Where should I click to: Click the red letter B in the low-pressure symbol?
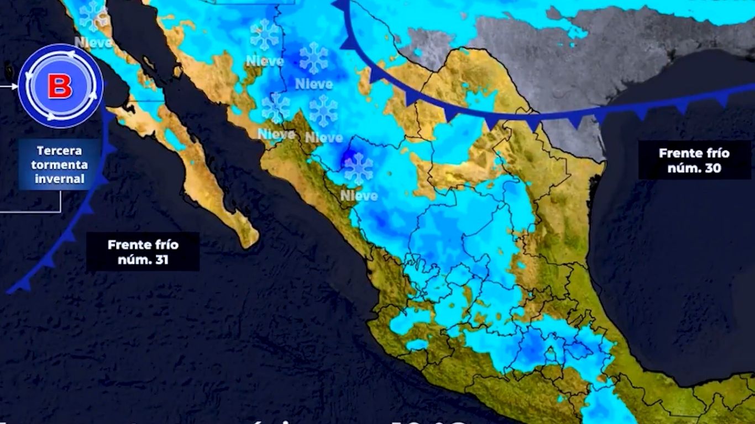point(60,87)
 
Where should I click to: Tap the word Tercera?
point(59,151)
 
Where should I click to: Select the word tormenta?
point(59,165)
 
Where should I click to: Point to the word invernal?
point(59,179)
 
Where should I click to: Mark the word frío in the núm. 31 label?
point(166,245)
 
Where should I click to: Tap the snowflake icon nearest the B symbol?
point(92,15)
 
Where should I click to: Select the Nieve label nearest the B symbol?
point(93,42)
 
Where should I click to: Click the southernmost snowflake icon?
point(359,168)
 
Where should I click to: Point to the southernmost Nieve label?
point(359,195)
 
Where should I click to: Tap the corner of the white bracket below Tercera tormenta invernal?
point(60,211)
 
